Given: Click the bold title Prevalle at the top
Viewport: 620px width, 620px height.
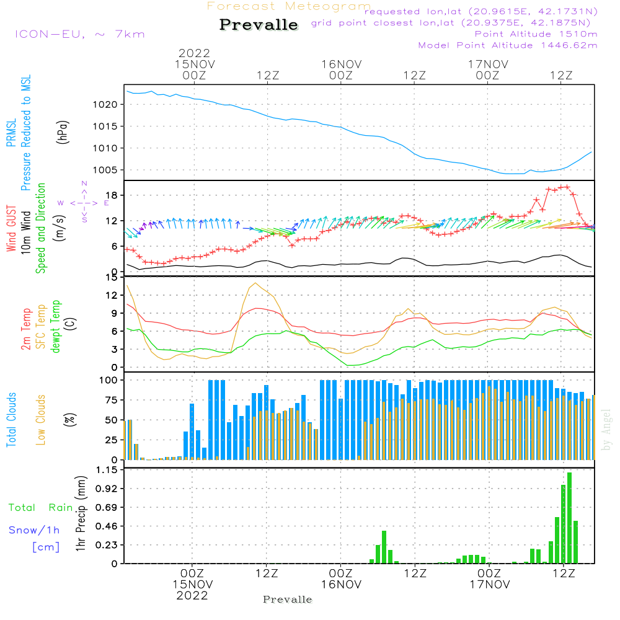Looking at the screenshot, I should [259, 25].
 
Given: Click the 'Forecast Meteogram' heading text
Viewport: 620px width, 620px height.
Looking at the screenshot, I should [289, 7].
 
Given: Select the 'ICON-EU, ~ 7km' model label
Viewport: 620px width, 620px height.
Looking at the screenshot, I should [79, 34].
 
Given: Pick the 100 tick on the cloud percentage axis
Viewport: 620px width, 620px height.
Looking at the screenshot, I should [108, 379].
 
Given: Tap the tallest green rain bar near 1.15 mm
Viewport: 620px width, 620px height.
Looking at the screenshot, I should [569, 518].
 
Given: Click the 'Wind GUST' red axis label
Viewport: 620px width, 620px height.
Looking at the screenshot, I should [12, 230].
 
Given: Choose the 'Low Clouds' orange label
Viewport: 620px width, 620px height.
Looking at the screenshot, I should [42, 418].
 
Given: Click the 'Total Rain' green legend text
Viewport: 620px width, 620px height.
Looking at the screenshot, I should [41, 507].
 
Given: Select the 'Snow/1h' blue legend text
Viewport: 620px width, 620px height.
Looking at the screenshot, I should [35, 530].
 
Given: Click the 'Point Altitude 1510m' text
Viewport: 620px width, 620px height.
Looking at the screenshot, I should [536, 33].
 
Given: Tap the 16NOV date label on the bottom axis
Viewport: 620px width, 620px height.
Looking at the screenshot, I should [340, 584].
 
